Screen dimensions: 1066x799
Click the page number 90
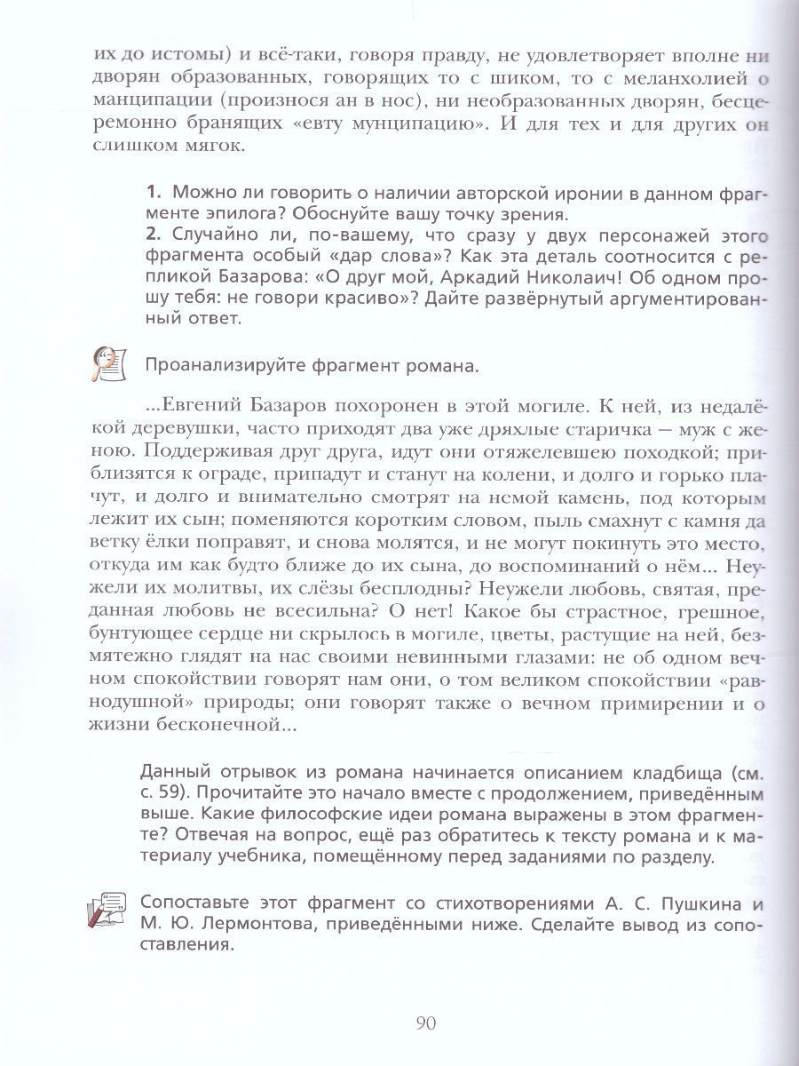click(x=423, y=1022)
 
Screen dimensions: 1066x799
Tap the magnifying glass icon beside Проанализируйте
click(x=107, y=363)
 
